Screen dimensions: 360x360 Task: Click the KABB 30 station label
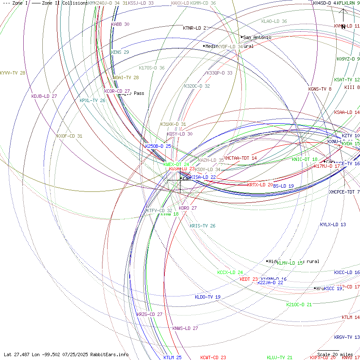(x=120, y=25)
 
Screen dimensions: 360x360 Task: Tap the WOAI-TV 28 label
(x=126, y=78)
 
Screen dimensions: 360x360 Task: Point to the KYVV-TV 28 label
(x=13, y=73)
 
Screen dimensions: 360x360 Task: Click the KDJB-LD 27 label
(x=44, y=97)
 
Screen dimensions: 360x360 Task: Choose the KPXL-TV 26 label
(x=92, y=101)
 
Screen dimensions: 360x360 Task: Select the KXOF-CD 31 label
(x=69, y=136)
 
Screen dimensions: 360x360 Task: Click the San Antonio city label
(x=257, y=38)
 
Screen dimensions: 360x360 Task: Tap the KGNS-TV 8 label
(x=320, y=89)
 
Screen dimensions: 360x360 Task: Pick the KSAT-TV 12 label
(x=346, y=80)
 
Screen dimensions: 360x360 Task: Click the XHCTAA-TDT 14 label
(x=240, y=158)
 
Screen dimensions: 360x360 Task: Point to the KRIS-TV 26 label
(x=202, y=226)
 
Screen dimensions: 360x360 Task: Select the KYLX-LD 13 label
(x=333, y=225)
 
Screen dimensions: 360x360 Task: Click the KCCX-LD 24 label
(x=230, y=273)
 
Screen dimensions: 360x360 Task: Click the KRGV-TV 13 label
(x=346, y=338)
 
